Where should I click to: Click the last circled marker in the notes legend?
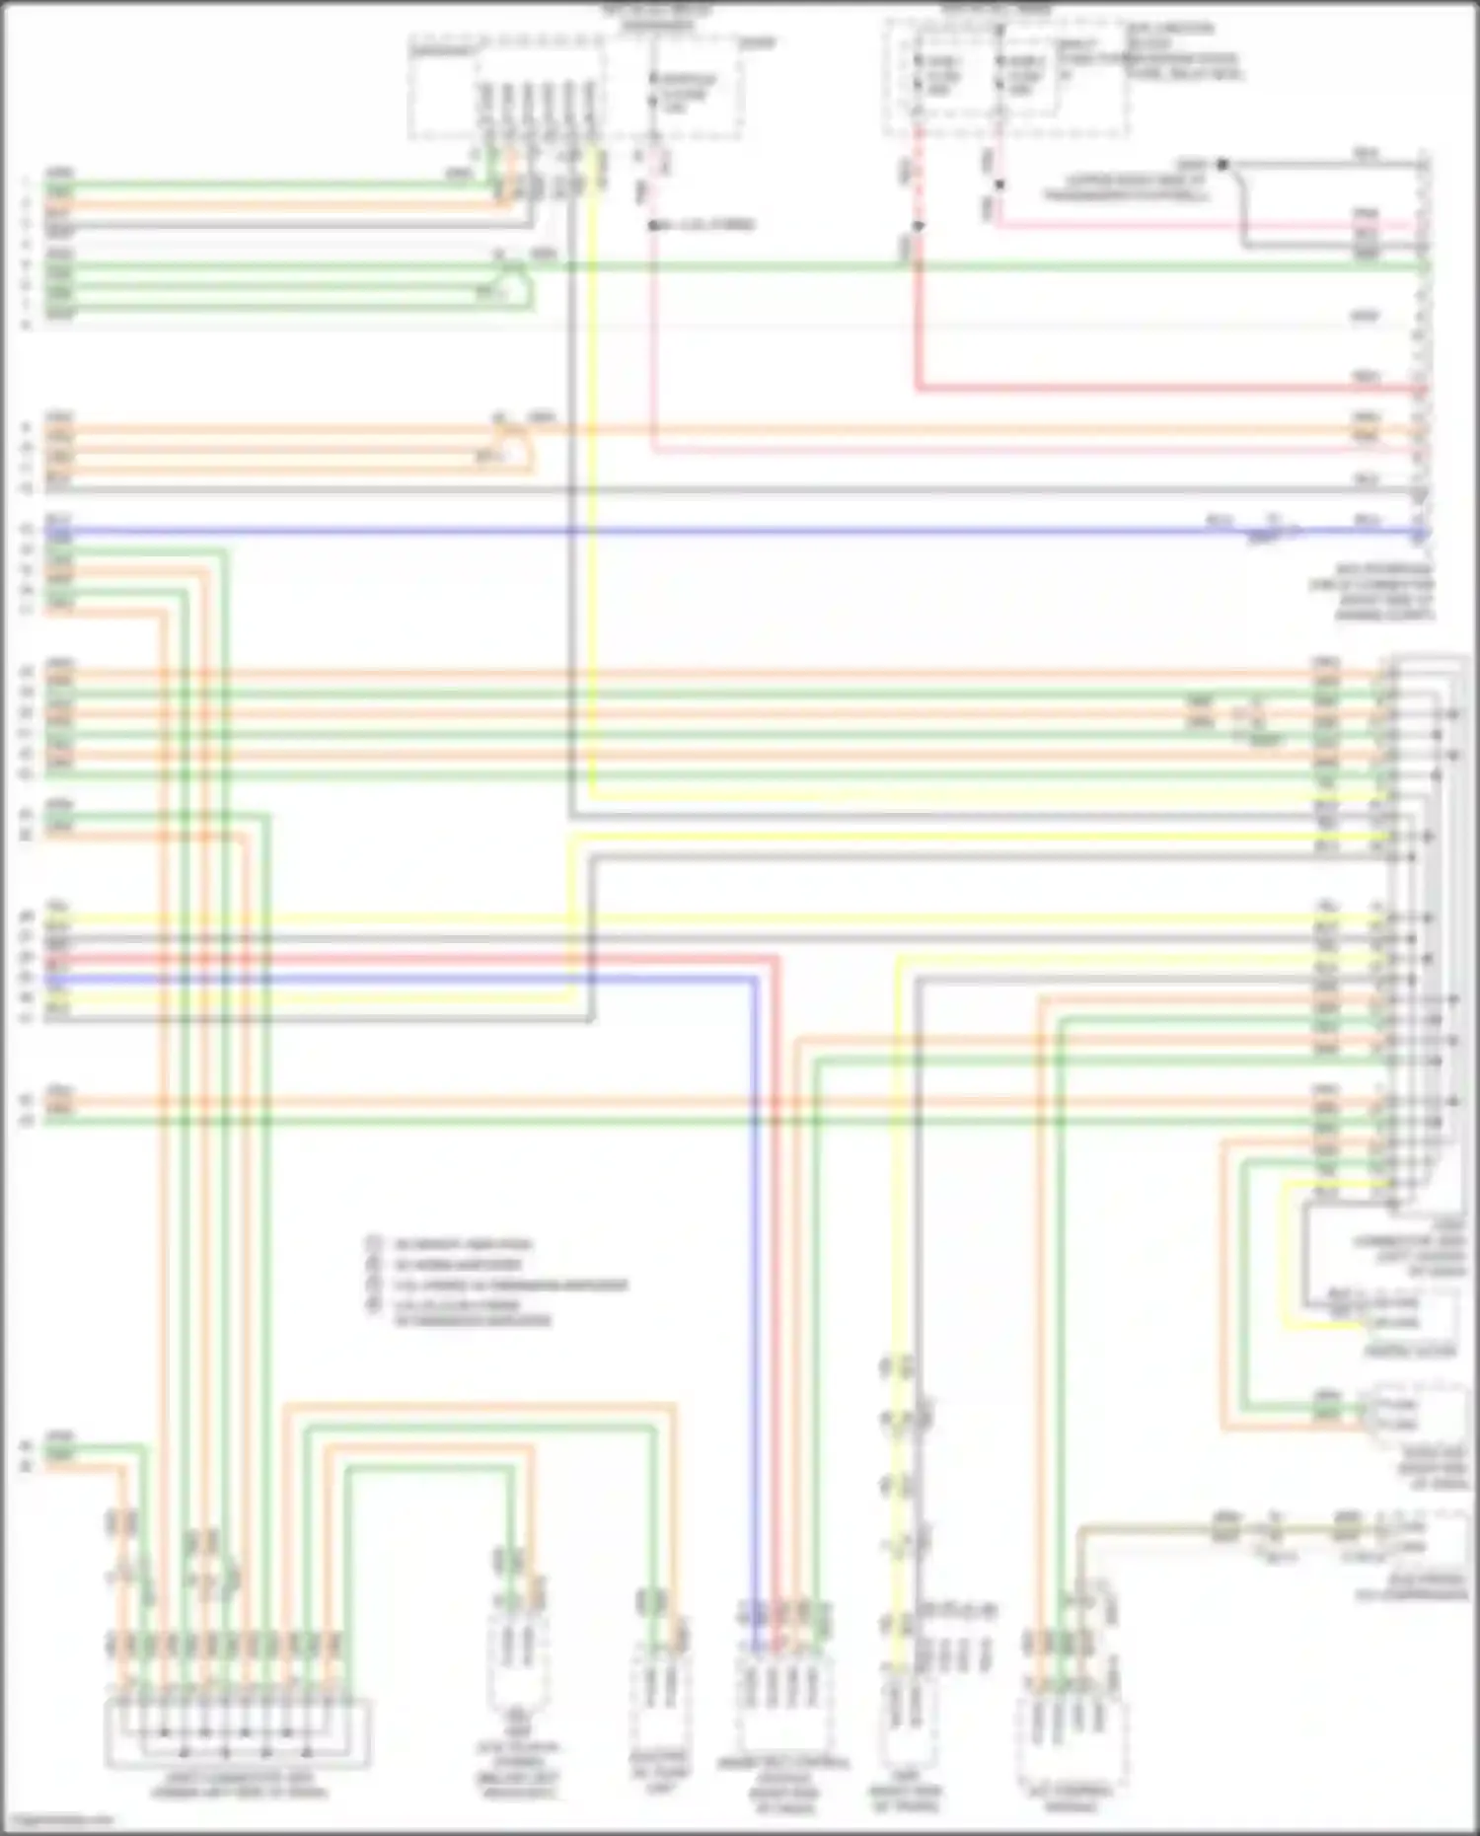[x=374, y=1305]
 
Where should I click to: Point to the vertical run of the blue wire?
[x=755, y=1283]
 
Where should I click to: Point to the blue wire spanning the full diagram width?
[x=691, y=532]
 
